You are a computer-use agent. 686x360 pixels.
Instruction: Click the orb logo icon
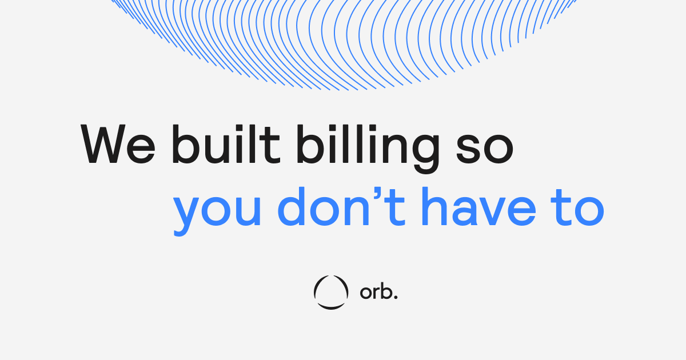click(330, 293)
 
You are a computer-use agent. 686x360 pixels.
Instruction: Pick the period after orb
click(395, 298)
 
